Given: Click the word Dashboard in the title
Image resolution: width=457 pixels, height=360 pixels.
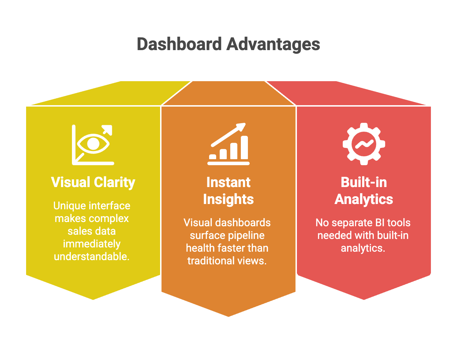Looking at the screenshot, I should click(x=179, y=44).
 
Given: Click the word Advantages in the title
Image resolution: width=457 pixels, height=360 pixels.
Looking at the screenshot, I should click(x=273, y=44).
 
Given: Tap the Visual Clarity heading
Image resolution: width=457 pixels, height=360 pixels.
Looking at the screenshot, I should click(x=93, y=182).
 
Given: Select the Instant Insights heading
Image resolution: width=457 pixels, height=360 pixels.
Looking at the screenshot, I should click(x=228, y=191).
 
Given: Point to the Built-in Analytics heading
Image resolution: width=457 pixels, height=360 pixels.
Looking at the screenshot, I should click(x=364, y=191).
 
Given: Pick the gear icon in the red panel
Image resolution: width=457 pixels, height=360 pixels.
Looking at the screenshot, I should click(x=364, y=144).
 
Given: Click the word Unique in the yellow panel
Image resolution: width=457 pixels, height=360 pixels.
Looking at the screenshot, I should click(x=69, y=206).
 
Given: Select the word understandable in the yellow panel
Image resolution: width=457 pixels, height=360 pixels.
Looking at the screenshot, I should click(x=92, y=257).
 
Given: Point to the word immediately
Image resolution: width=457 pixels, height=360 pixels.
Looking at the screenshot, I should click(x=92, y=244).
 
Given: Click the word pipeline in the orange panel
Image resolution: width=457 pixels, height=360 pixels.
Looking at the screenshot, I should click(x=246, y=235).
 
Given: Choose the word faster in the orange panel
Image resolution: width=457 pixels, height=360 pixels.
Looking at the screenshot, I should click(x=227, y=248).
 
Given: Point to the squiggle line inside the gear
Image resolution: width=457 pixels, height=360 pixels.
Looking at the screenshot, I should click(x=364, y=144).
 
